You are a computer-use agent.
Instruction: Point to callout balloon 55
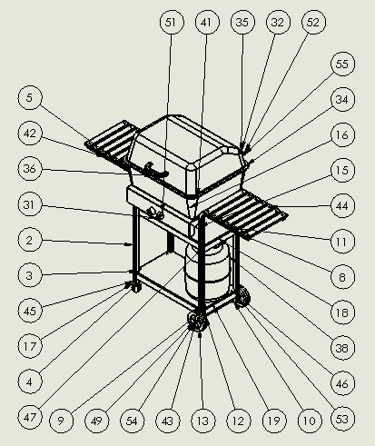point(341,65)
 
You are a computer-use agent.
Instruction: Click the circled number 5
point(29,97)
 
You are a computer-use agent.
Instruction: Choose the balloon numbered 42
point(29,134)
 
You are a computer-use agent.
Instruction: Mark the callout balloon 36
point(29,169)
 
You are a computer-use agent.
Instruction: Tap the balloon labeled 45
point(29,311)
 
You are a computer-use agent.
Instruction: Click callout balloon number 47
point(29,417)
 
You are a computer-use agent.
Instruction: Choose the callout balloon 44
point(341,207)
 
